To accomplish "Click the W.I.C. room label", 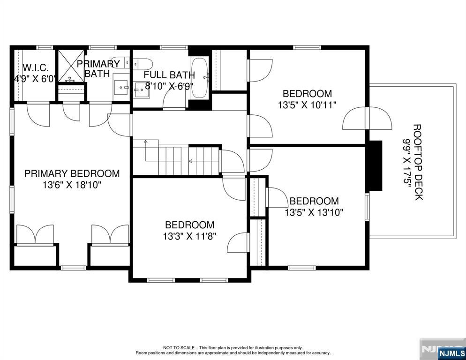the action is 36,68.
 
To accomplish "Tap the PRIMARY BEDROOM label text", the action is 72,173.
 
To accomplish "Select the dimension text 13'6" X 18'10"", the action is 72,185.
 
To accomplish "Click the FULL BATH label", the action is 169,75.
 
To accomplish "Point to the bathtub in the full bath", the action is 200,78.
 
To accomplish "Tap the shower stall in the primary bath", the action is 71,66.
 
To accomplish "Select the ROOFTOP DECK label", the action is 418,162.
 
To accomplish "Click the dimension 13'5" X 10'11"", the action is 307,105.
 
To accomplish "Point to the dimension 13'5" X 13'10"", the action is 314,212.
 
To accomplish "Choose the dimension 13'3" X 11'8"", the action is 189,236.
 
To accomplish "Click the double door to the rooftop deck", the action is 367,118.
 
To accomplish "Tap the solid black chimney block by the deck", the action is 376,165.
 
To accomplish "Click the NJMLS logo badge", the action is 452,353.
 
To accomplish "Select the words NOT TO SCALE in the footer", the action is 179,347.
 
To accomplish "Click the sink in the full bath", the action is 142,90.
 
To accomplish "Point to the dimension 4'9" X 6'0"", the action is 35,79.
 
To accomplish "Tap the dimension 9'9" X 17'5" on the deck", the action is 406,162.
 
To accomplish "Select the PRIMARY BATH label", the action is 98,68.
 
